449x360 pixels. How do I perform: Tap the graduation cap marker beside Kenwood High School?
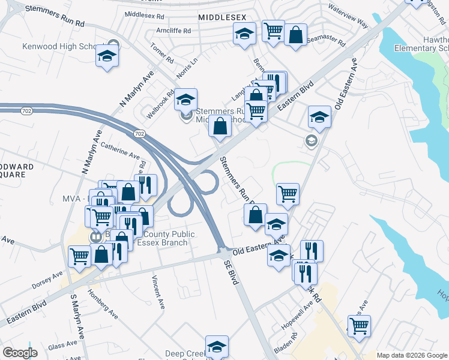tap(107, 57)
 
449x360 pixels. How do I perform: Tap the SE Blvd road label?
tap(230, 272)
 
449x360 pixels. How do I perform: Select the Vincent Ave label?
tap(158, 292)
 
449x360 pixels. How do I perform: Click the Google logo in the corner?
tap(20, 353)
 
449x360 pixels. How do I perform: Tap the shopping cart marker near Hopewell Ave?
tap(359, 326)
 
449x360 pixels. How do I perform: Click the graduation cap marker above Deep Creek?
tap(217, 347)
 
